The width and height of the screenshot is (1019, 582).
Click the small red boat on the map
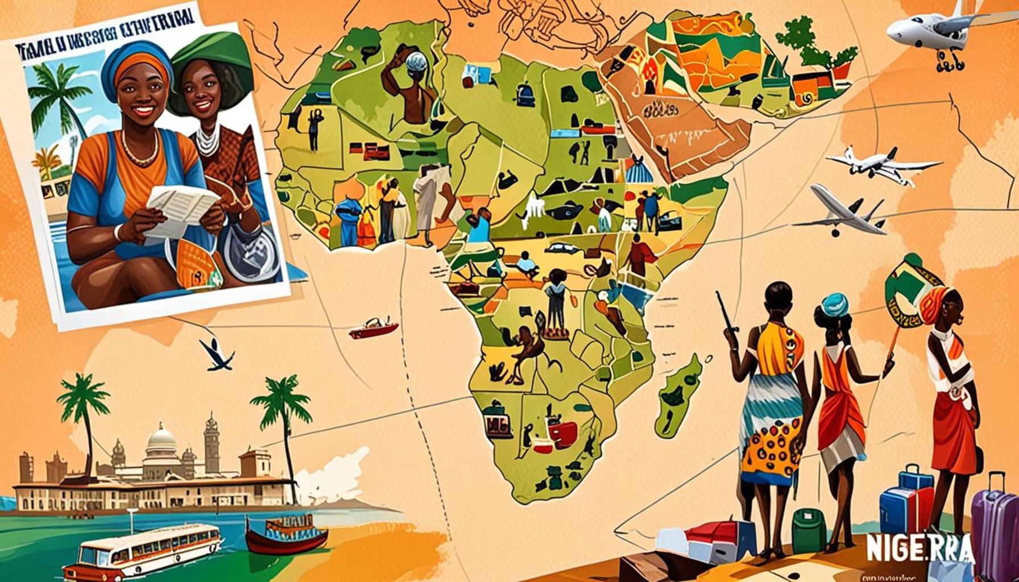coord(374,328)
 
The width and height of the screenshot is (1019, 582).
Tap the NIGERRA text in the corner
coord(919,547)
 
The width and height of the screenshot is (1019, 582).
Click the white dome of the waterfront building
coord(161,440)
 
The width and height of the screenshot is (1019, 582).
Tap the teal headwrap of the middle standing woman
coord(834,304)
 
